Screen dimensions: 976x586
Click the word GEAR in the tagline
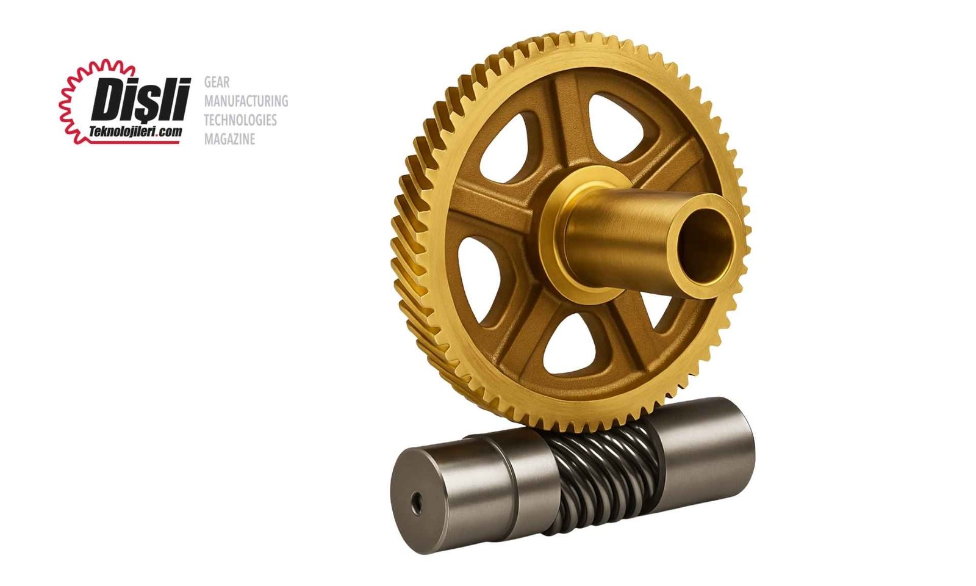pos(217,82)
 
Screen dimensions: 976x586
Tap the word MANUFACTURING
pos(246,101)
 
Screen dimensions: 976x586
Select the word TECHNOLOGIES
pos(240,120)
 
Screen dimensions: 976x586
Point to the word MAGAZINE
pos(229,139)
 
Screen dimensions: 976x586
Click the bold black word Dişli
pos(141,99)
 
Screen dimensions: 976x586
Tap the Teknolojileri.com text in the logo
pos(135,131)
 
